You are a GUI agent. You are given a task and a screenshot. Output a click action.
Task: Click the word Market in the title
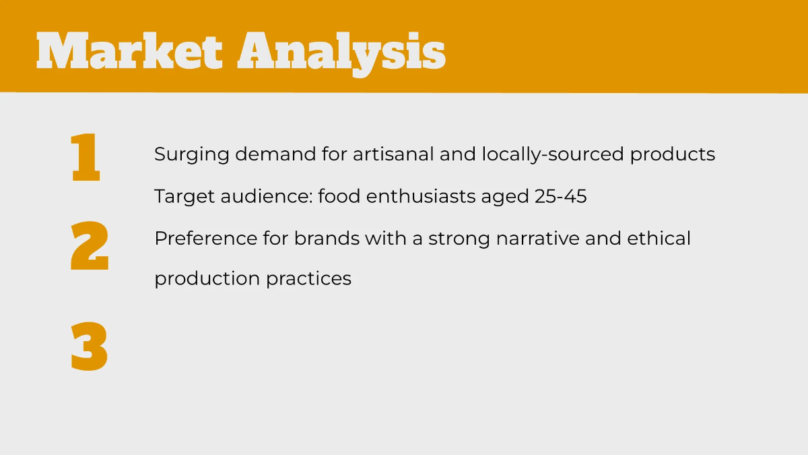(x=129, y=51)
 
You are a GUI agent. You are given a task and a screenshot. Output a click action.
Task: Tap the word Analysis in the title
(x=341, y=54)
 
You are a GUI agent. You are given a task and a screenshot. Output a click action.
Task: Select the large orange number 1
(x=85, y=157)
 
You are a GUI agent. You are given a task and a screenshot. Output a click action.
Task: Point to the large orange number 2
(x=90, y=246)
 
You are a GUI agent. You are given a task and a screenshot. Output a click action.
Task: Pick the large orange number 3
(x=89, y=346)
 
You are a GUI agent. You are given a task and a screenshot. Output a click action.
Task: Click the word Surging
(x=191, y=155)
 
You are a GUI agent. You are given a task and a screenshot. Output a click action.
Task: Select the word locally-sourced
(x=553, y=155)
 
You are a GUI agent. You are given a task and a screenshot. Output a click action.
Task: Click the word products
(x=673, y=155)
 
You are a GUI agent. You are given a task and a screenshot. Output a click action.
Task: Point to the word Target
(x=184, y=197)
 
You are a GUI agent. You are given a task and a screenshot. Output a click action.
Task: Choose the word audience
(x=267, y=196)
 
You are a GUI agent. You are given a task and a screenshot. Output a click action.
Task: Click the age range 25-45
(x=560, y=196)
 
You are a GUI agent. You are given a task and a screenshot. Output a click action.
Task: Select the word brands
(x=327, y=239)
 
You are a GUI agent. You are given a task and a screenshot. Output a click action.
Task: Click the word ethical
(x=659, y=239)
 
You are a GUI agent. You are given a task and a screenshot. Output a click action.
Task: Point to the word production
(x=207, y=279)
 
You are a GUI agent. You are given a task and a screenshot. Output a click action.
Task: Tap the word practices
(x=309, y=279)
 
